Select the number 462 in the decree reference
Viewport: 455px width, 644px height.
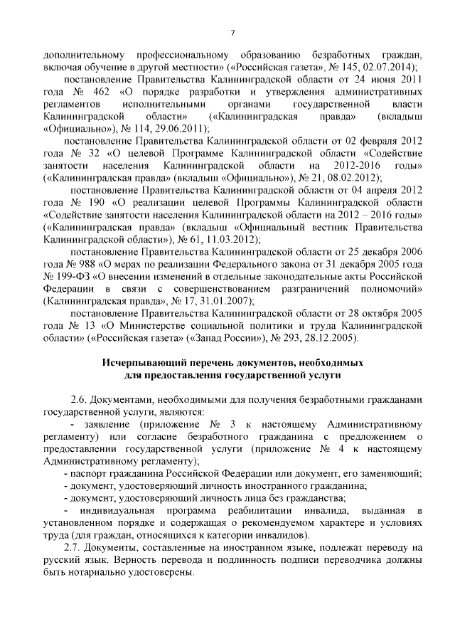tap(104, 92)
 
